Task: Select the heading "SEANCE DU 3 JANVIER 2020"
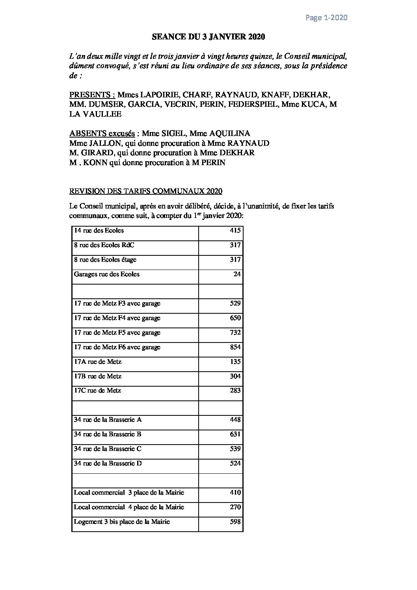(x=208, y=37)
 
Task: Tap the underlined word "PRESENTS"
(x=89, y=95)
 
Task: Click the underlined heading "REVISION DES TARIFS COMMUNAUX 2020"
(x=145, y=191)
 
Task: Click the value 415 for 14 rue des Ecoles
(x=235, y=231)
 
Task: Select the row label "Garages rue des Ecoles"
(x=106, y=274)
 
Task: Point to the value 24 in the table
(x=237, y=274)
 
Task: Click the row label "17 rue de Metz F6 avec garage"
(x=117, y=347)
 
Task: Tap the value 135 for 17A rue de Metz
(x=235, y=362)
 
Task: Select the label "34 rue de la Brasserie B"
(x=108, y=434)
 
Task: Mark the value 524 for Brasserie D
(x=235, y=463)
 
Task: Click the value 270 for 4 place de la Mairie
(x=235, y=507)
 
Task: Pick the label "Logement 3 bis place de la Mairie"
(x=122, y=522)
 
